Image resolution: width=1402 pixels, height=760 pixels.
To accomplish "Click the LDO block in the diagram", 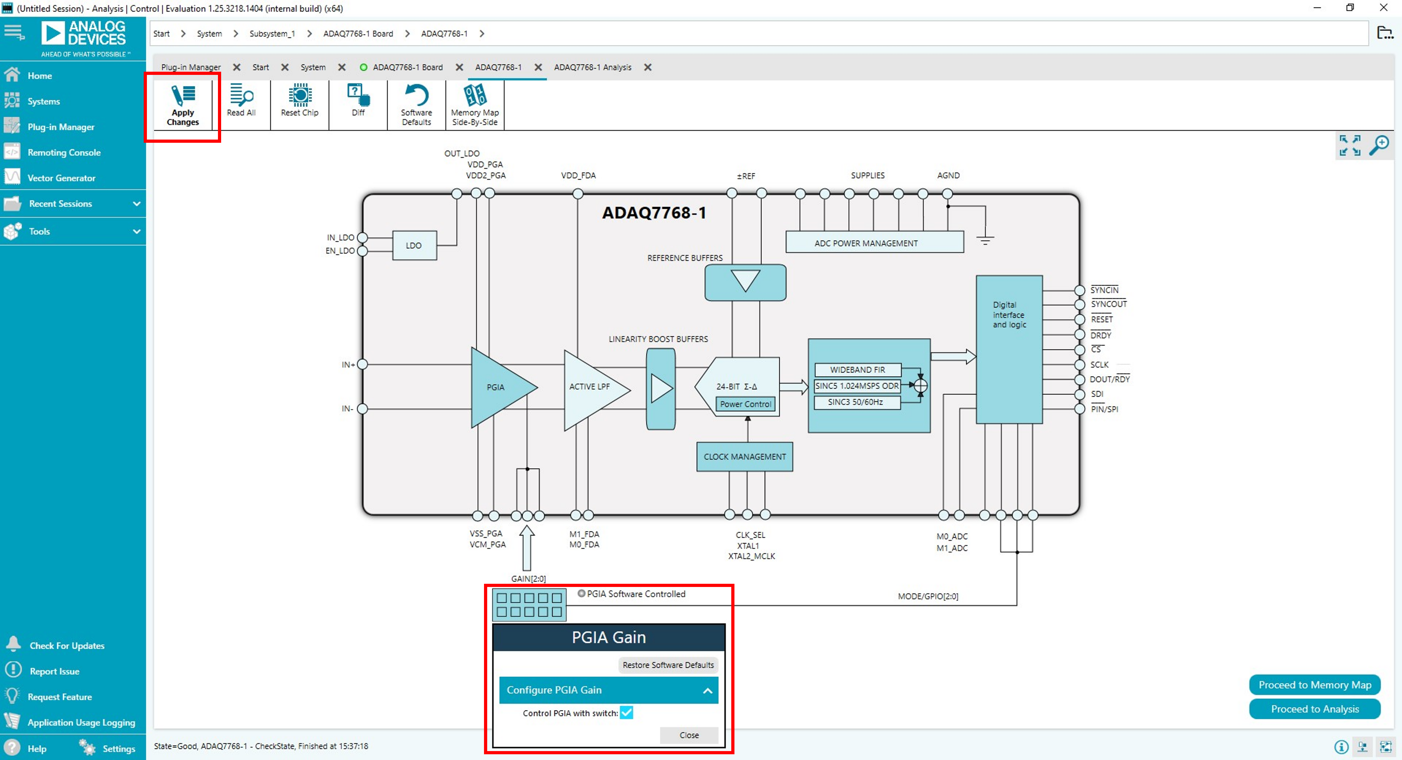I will pyautogui.click(x=414, y=246).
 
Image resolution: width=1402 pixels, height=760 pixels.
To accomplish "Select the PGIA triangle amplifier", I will pyautogui.click(x=496, y=387).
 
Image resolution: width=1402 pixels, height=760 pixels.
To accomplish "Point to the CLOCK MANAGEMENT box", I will pyautogui.click(x=744, y=457).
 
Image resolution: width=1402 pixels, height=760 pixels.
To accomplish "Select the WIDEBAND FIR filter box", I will pyautogui.click(x=857, y=370).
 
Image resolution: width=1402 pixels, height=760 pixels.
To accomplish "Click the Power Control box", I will pyautogui.click(x=745, y=404).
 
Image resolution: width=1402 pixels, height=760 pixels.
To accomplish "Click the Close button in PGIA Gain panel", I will pyautogui.click(x=689, y=735).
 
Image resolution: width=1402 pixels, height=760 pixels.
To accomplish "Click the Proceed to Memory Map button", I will pyautogui.click(x=1314, y=685).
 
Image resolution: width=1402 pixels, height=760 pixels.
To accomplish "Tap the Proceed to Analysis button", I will pyautogui.click(x=1314, y=709).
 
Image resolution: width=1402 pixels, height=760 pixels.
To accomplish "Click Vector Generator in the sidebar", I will pyautogui.click(x=61, y=178).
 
